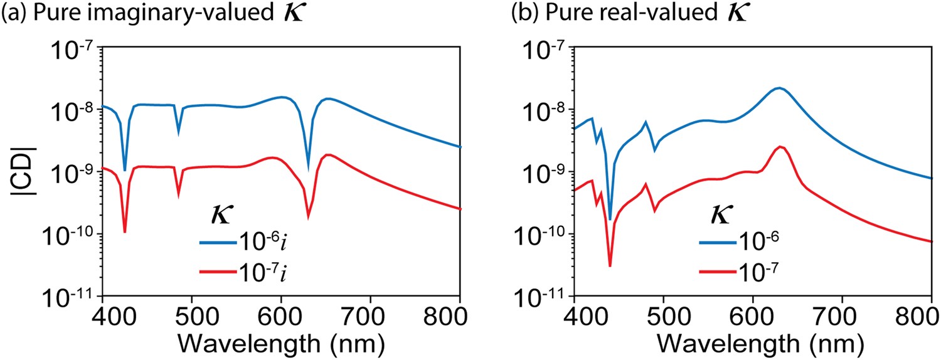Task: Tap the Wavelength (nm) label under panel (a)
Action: pyautogui.click(x=281, y=344)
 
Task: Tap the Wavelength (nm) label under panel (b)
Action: pyautogui.click(x=752, y=344)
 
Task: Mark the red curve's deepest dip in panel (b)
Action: pyautogui.click(x=610, y=267)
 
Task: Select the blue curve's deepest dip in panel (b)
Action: pyautogui.click(x=610, y=220)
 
